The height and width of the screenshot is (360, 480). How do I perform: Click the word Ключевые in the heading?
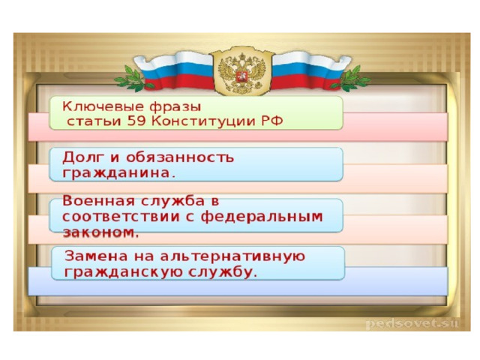coord(103,107)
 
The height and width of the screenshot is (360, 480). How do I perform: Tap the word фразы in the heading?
coord(175,107)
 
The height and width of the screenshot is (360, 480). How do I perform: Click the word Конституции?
coord(203,121)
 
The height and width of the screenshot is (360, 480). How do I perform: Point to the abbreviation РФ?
coord(272,121)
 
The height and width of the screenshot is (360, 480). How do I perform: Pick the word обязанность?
coord(180,157)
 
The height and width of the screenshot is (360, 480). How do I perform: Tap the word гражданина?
coord(116,173)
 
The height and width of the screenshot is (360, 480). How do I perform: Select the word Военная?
coord(98,201)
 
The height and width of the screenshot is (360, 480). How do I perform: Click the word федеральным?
coord(262,217)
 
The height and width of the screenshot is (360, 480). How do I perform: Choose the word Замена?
coord(96,256)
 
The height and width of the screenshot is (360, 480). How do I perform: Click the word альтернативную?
coord(232,256)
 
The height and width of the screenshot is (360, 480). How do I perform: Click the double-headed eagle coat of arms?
coord(241,70)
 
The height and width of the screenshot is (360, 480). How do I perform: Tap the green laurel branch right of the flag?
coord(352,78)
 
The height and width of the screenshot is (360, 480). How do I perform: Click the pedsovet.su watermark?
coord(412,323)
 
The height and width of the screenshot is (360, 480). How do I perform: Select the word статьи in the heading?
coord(94,121)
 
